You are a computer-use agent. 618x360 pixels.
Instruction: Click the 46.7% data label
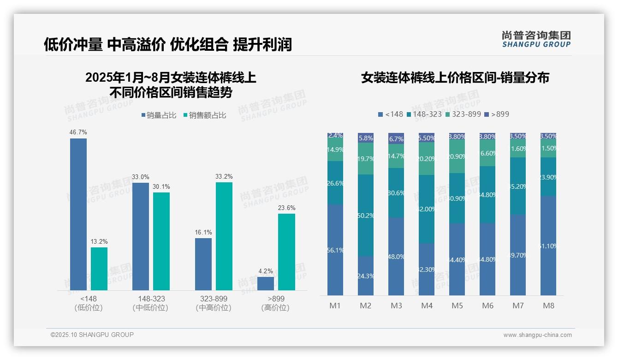click(x=78, y=132)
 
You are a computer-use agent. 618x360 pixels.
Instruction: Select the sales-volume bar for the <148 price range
click(x=78, y=214)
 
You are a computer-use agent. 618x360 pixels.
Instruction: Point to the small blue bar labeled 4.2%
click(x=266, y=283)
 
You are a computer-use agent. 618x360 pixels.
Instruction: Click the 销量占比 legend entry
click(x=158, y=115)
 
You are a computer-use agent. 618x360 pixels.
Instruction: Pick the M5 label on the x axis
click(x=457, y=306)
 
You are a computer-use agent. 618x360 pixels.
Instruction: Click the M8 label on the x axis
click(x=548, y=306)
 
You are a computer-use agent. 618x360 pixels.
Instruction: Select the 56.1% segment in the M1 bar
click(x=335, y=250)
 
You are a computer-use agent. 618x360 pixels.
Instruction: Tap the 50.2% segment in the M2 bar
click(x=366, y=216)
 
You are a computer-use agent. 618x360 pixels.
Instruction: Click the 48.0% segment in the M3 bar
click(x=396, y=256)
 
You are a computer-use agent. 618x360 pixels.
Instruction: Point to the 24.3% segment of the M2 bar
click(x=366, y=276)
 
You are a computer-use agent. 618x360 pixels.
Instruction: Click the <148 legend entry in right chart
click(x=390, y=114)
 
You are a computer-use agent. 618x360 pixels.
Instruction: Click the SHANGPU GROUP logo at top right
click(x=536, y=39)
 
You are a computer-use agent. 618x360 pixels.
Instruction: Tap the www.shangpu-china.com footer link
click(x=537, y=335)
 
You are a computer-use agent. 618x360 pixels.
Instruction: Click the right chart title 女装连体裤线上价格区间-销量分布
click(x=455, y=78)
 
